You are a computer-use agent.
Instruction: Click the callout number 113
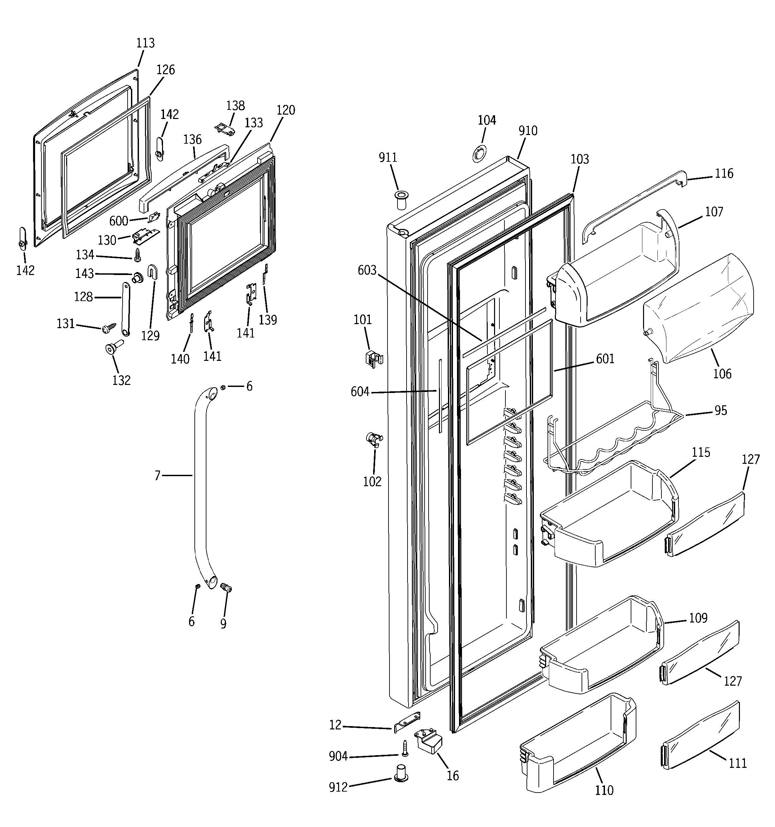tap(145, 43)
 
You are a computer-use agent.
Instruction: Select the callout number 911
tap(388, 158)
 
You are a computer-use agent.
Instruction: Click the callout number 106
tap(722, 374)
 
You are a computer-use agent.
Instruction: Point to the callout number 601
tap(605, 359)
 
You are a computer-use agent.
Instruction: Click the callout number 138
tap(236, 106)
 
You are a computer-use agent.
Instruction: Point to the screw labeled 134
tap(137, 254)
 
